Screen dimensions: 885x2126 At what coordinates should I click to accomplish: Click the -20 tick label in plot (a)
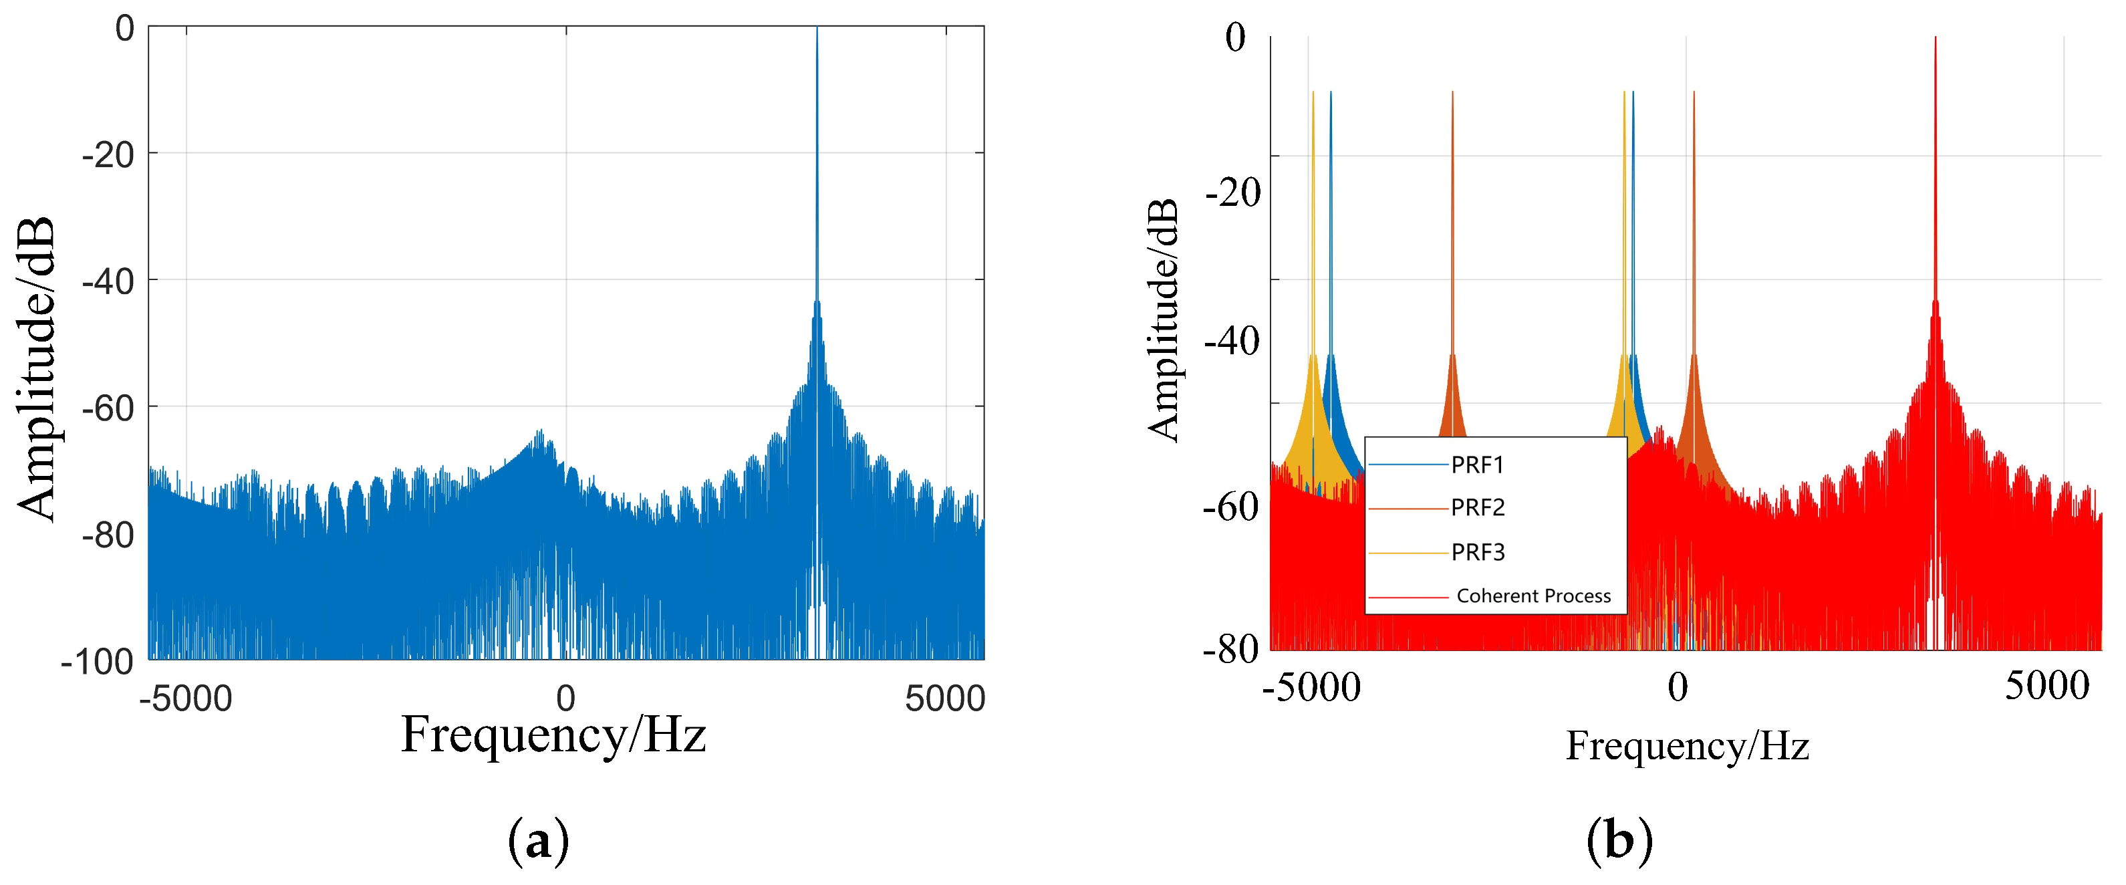[108, 154]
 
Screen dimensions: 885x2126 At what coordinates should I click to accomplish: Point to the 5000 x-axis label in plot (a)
[944, 699]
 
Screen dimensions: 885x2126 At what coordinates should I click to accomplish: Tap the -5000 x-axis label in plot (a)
[186, 699]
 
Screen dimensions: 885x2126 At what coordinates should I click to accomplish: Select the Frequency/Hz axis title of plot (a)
[553, 735]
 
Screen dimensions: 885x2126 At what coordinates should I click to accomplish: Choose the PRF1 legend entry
[1477, 465]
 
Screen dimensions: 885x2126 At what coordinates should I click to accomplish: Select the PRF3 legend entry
[1477, 551]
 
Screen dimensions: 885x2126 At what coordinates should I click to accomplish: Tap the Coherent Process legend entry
[1533, 596]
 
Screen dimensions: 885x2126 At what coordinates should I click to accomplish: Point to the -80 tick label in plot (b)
[1230, 650]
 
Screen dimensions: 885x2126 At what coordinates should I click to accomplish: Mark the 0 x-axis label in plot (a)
[565, 699]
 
